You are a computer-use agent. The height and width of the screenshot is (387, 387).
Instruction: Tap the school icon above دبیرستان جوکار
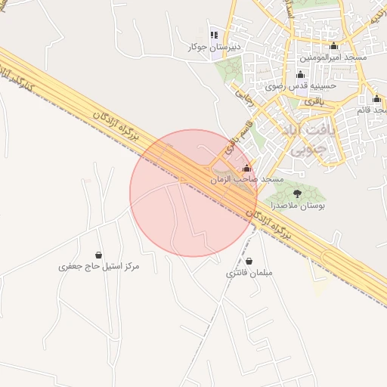[214, 35]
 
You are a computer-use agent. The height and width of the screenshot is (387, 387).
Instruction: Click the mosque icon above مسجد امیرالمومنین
[333, 46]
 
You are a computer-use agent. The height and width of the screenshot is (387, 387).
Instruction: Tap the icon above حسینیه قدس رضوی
[301, 74]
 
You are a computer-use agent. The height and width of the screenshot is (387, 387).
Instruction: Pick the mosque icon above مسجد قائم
[376, 99]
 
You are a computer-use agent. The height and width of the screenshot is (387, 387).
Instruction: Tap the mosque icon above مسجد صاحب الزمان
[246, 168]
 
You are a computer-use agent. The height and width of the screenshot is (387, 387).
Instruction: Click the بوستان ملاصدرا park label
[296, 206]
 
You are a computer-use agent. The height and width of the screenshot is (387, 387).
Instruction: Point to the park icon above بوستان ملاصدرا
[296, 194]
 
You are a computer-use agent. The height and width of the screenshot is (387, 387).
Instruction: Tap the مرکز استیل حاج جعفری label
[100, 267]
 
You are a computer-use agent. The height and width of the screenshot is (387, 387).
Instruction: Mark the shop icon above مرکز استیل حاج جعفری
[99, 255]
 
